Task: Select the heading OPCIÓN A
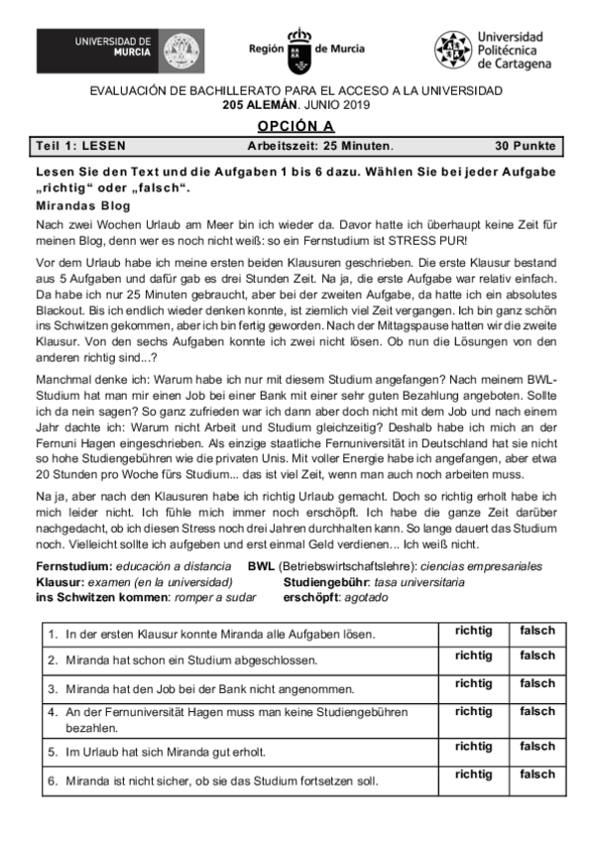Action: (297, 125)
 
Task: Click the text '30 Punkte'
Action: (525, 146)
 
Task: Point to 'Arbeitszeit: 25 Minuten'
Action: (319, 146)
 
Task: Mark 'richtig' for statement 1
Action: (473, 630)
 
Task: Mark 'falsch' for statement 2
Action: (537, 657)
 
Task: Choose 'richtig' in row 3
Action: (473, 683)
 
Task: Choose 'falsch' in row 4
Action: (537, 711)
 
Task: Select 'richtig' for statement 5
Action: (473, 746)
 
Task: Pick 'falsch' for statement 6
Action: (537, 774)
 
